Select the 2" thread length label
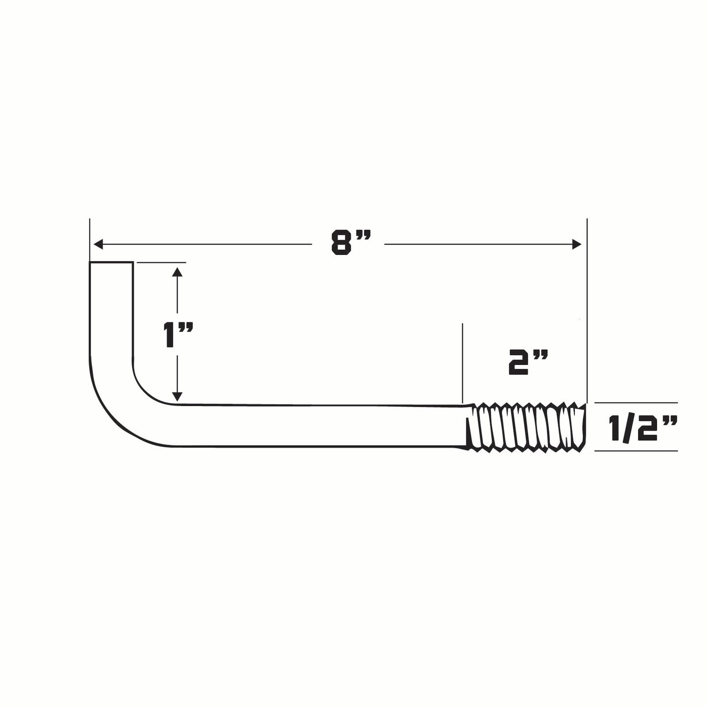(x=526, y=363)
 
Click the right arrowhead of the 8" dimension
(x=577, y=244)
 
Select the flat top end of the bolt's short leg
(x=111, y=263)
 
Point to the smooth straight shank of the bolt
(x=318, y=425)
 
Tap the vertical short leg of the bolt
(x=111, y=313)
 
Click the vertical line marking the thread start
(x=462, y=362)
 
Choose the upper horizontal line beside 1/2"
(x=636, y=403)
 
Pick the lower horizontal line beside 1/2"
(x=636, y=451)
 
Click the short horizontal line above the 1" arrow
(x=161, y=263)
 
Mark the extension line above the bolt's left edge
(x=90, y=240)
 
